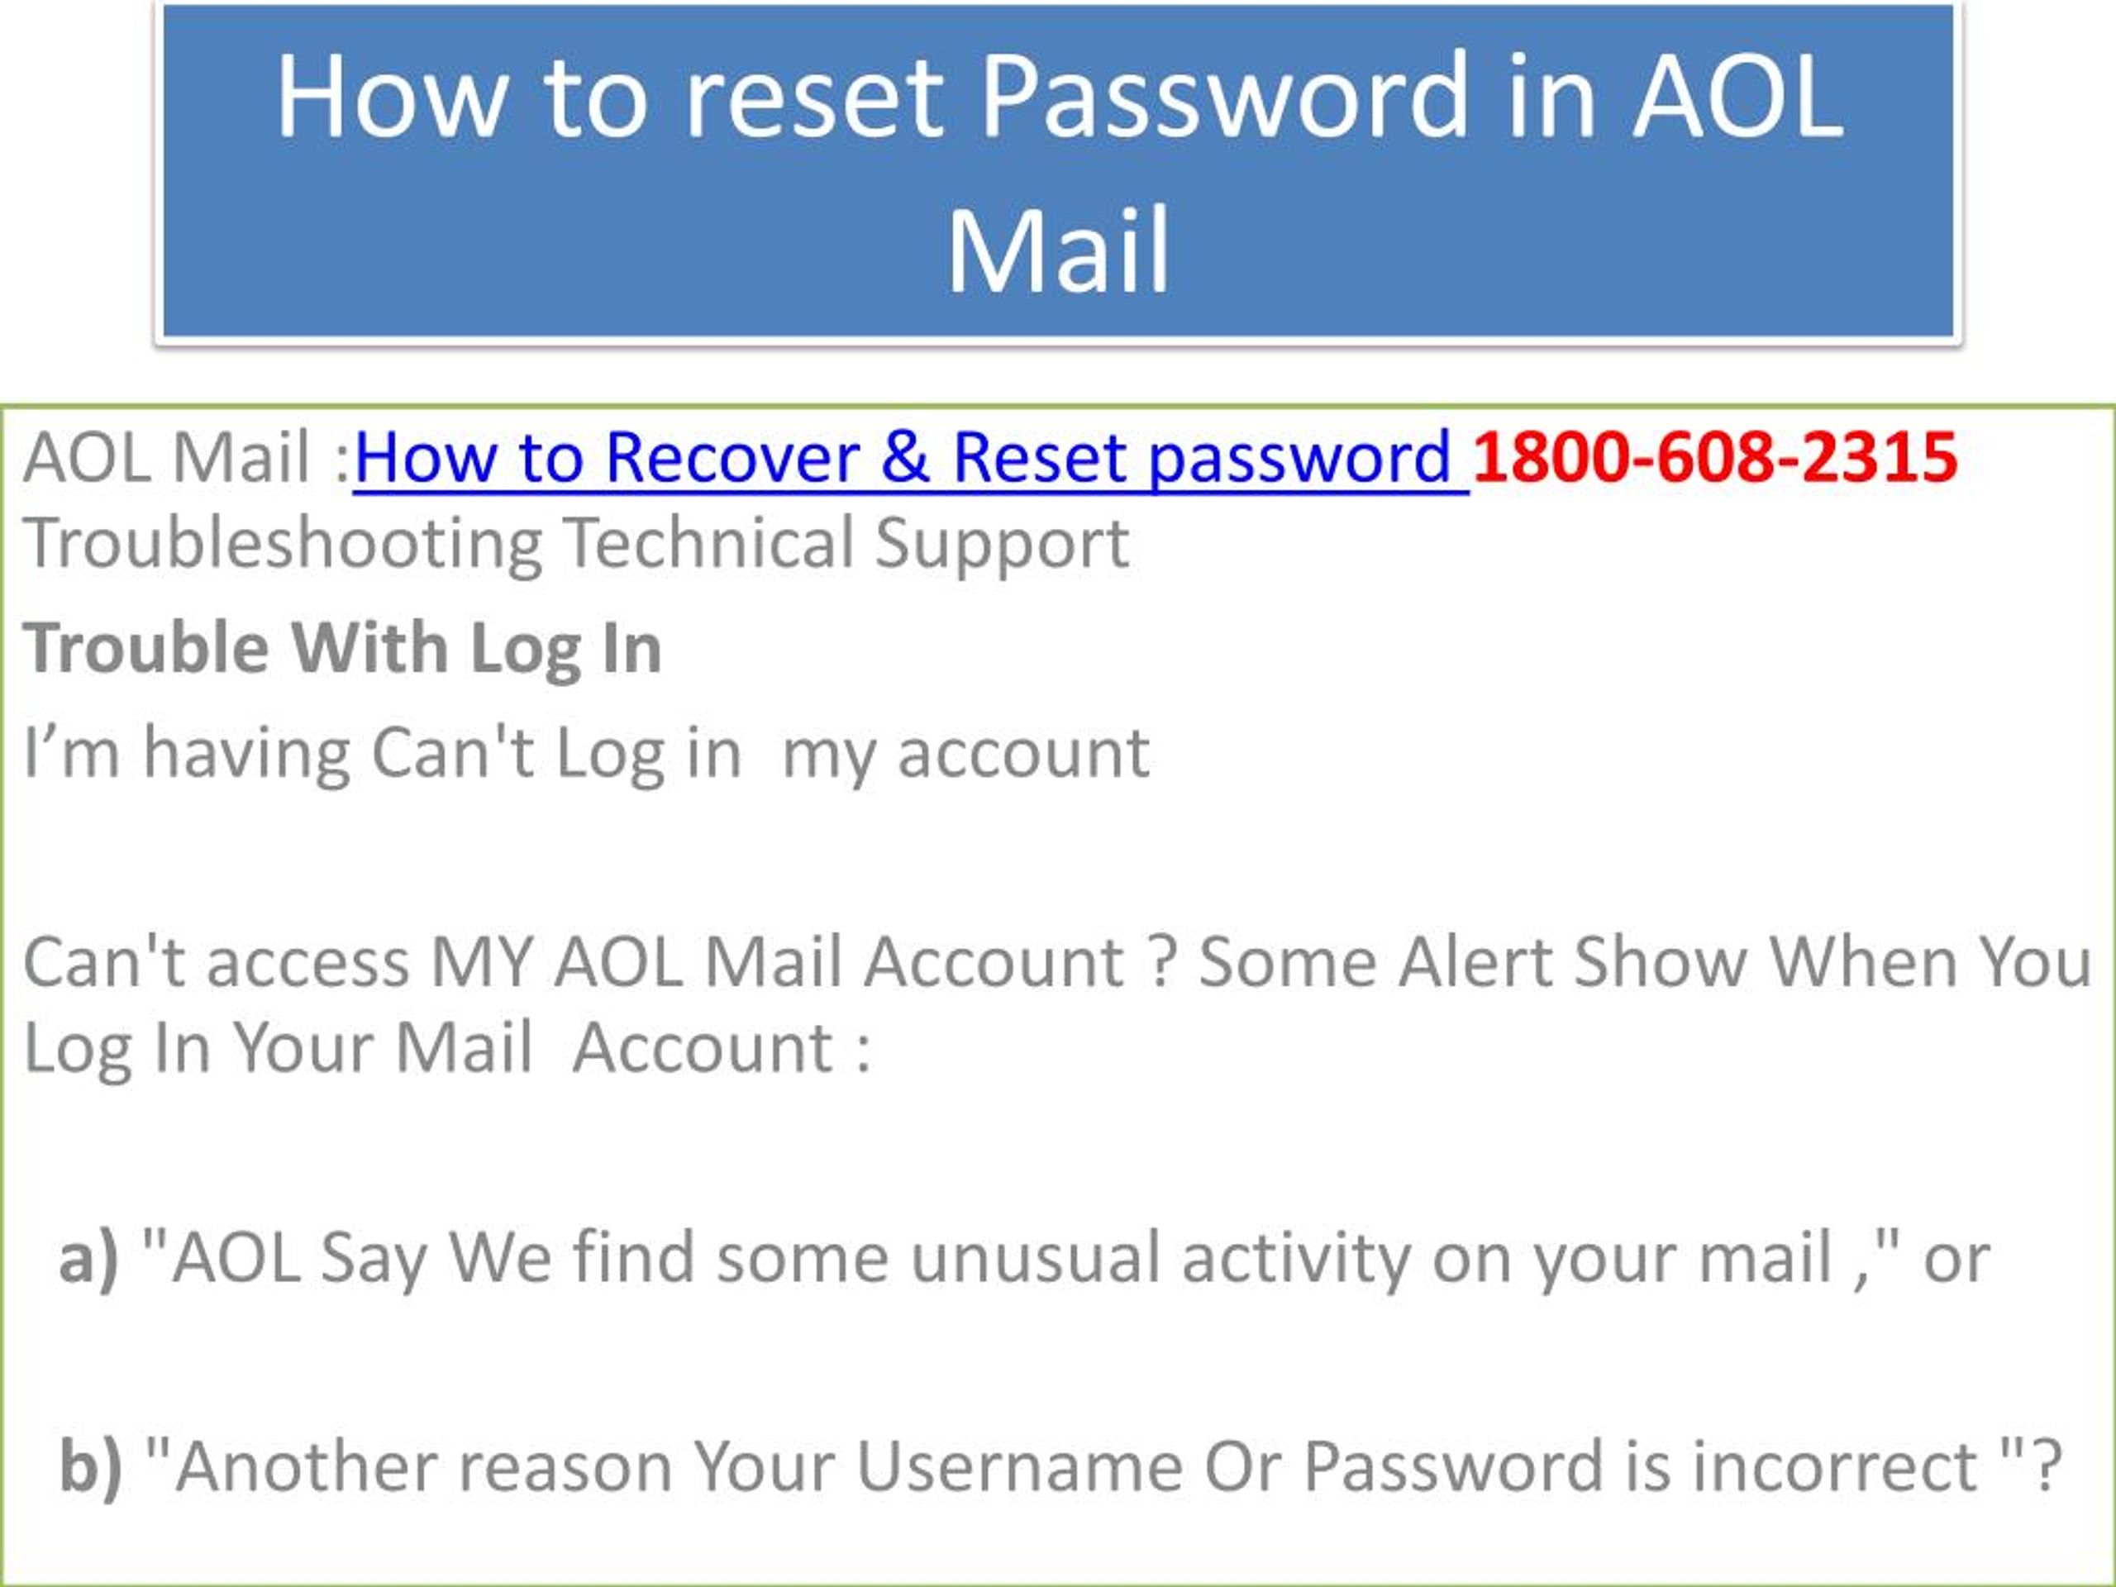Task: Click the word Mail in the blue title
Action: (x=1058, y=250)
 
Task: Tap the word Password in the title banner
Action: (x=1223, y=97)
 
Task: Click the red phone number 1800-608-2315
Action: (x=1714, y=456)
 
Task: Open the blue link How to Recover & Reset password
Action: (x=911, y=460)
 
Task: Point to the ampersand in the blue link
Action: (x=906, y=456)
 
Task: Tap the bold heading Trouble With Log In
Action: (x=342, y=650)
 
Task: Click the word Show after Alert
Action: (x=1661, y=961)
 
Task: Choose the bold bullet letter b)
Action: (x=91, y=1466)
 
